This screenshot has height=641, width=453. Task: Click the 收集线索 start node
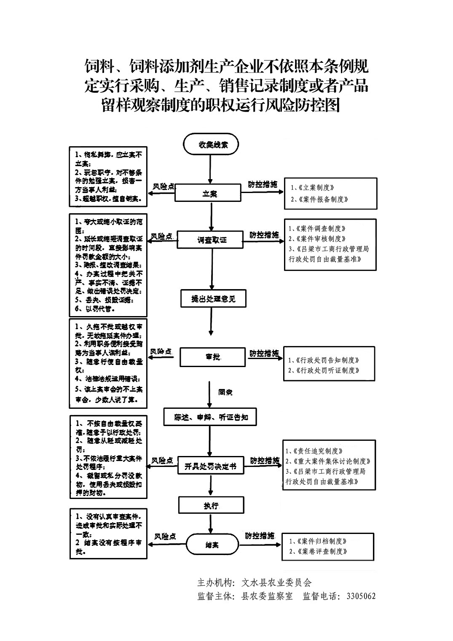click(x=211, y=145)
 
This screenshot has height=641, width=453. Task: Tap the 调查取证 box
click(x=211, y=239)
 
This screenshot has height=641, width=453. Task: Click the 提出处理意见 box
click(x=213, y=299)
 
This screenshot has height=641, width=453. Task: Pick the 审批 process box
click(x=212, y=357)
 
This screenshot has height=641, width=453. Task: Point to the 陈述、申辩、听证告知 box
click(x=210, y=418)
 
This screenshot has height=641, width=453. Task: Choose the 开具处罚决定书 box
click(x=211, y=466)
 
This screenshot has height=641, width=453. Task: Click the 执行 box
click(x=211, y=505)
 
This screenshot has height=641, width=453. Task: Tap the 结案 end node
click(x=212, y=545)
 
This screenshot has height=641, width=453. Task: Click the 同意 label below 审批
click(x=225, y=392)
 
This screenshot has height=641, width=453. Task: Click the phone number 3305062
click(x=361, y=596)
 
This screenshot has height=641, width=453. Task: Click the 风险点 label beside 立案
click(x=164, y=186)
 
